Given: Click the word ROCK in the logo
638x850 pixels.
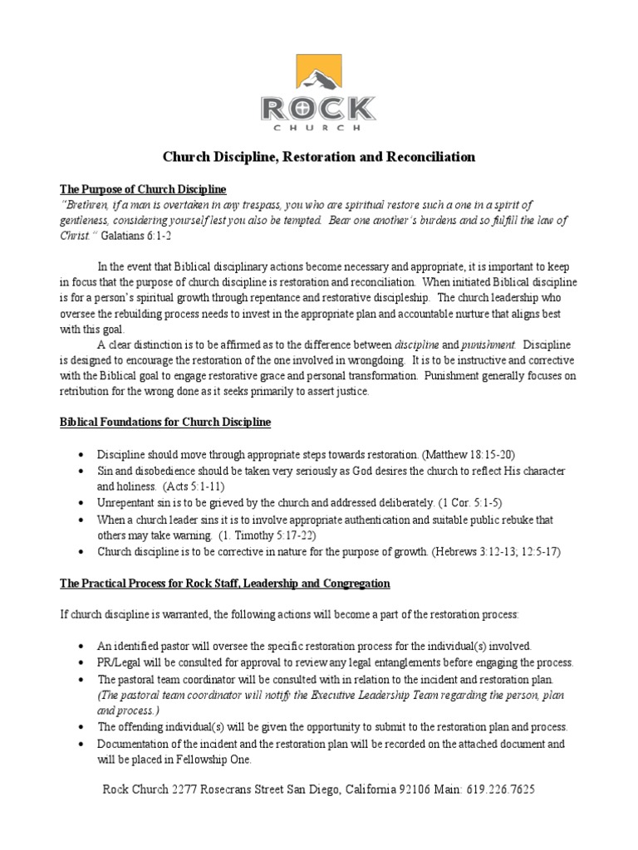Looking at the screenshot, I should (x=318, y=109).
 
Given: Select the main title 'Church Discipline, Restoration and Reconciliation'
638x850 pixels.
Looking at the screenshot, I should (x=318, y=156).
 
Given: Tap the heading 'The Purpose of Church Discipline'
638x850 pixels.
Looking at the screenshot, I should (x=143, y=190).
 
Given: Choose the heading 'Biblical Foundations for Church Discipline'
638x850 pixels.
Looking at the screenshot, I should (x=164, y=423).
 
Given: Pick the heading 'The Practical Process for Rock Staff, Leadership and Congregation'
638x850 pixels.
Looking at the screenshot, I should (x=224, y=584).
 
